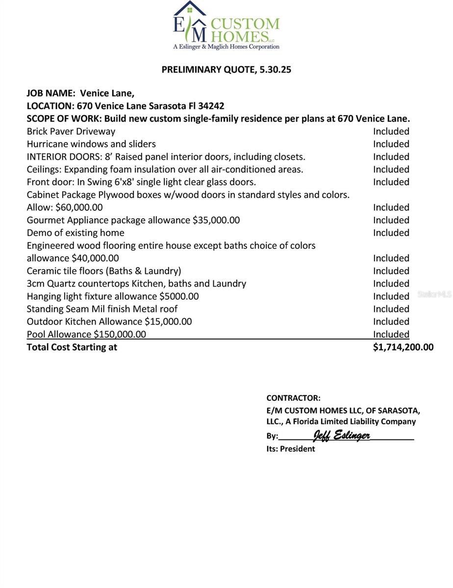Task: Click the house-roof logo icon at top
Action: (x=190, y=8)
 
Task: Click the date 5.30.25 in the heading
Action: (x=274, y=70)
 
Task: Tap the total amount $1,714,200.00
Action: (x=403, y=347)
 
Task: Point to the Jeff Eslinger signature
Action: (x=341, y=435)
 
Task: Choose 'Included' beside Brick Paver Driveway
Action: (x=391, y=131)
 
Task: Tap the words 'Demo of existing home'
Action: (x=75, y=233)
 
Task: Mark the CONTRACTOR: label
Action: (x=293, y=398)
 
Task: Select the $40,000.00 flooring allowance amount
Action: (x=95, y=258)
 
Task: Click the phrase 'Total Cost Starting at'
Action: (x=72, y=347)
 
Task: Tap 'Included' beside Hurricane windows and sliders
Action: (x=391, y=144)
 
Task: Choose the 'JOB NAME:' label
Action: (x=51, y=93)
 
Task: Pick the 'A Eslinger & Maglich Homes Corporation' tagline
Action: (x=226, y=47)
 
